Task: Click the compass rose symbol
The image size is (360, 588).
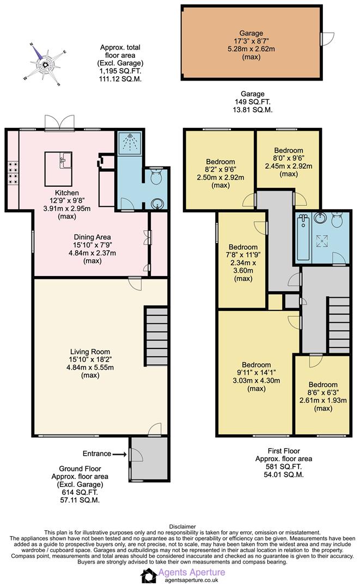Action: (45, 64)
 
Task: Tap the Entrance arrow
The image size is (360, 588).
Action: (120, 454)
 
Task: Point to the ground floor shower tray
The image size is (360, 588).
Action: (129, 143)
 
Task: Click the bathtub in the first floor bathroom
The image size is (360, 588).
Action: (303, 237)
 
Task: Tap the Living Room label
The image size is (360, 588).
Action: (90, 352)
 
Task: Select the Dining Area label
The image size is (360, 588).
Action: (92, 237)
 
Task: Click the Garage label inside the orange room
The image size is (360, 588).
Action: (251, 33)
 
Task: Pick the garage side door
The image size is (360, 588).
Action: (327, 39)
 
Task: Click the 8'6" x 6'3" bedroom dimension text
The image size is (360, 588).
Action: (323, 392)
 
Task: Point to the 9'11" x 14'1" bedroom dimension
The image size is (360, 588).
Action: (257, 372)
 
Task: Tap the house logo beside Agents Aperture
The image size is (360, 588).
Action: (149, 575)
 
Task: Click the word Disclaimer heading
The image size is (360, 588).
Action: (182, 526)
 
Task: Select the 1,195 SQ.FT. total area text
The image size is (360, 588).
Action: (120, 71)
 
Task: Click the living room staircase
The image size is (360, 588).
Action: (156, 336)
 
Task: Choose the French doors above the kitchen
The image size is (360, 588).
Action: (59, 122)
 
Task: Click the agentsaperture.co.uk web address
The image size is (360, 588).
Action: (192, 580)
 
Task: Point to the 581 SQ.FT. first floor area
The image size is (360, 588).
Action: (284, 467)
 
